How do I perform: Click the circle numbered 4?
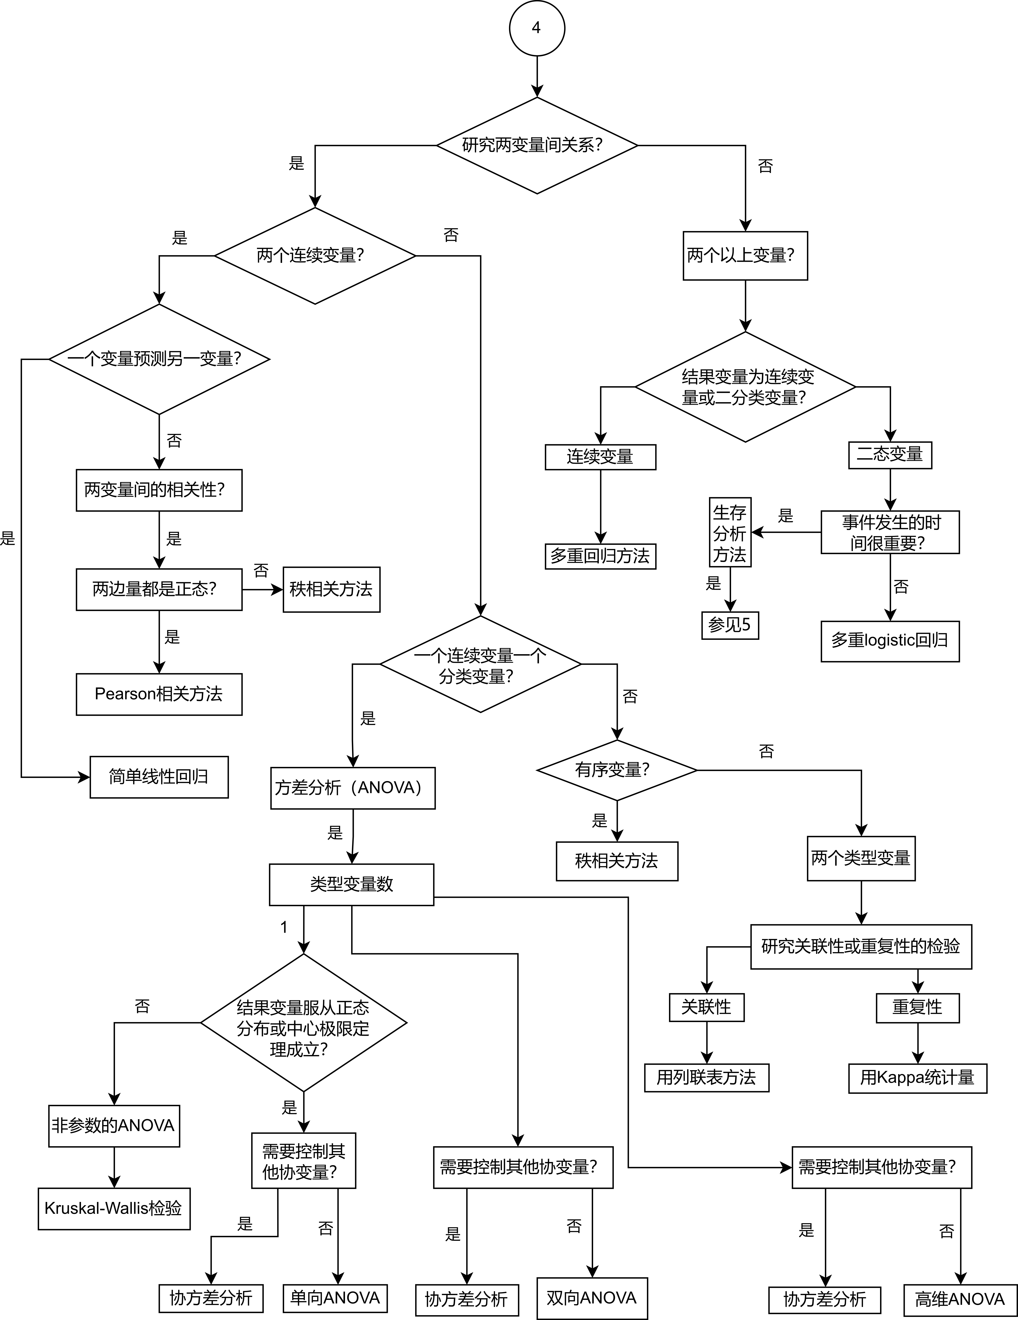tap(537, 28)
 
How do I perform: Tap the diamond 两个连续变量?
tap(315, 256)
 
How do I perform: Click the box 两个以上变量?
tap(745, 256)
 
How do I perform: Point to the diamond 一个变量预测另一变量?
tap(159, 359)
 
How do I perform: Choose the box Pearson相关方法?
tap(159, 694)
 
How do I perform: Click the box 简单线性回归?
tap(159, 777)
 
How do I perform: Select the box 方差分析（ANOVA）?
tap(353, 787)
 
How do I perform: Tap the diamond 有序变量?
tap(616, 770)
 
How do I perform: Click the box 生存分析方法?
tap(730, 533)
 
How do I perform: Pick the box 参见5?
tap(730, 625)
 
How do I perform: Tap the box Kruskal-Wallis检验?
tap(114, 1208)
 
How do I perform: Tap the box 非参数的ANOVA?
tap(114, 1125)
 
